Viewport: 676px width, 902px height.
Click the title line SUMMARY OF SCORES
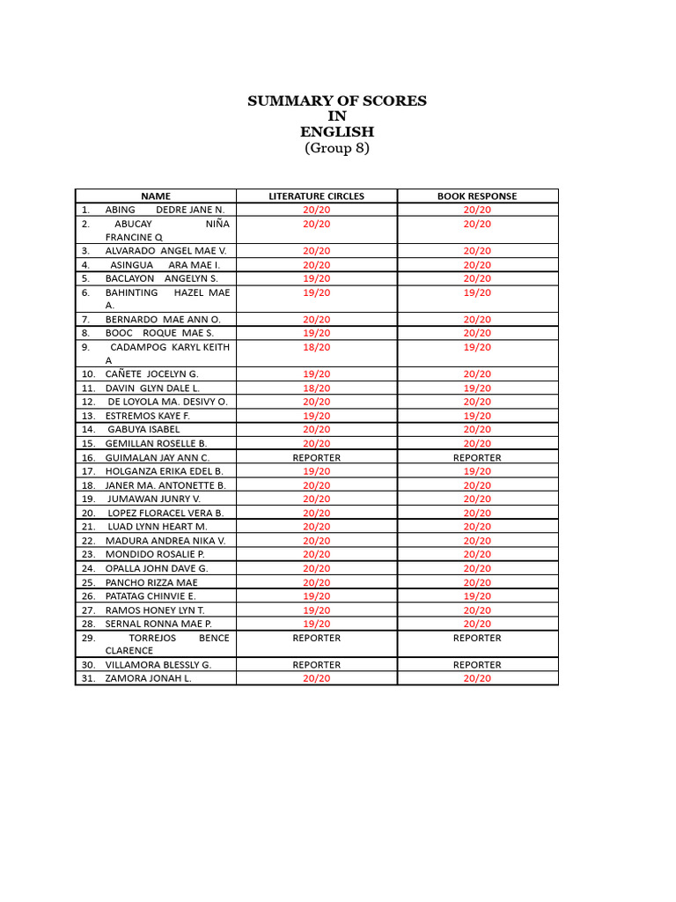pos(337,101)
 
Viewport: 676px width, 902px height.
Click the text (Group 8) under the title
pos(337,148)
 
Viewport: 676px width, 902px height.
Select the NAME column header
pos(156,196)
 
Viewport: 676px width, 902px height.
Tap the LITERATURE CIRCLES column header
pos(316,196)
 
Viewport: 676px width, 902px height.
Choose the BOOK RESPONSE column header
pos(477,196)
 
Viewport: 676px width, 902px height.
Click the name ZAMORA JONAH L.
pos(148,678)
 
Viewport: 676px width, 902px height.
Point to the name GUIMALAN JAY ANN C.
pos(158,458)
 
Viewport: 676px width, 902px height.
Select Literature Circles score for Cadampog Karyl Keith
pos(316,347)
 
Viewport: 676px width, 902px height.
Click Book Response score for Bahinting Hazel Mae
pos(477,292)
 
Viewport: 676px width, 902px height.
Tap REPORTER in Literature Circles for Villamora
pos(316,665)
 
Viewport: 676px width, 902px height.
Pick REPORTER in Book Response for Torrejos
pos(477,638)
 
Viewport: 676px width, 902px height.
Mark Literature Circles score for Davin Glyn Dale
pos(316,388)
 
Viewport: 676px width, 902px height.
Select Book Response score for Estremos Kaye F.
pos(477,416)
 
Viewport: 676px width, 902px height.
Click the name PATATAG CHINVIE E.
pos(151,596)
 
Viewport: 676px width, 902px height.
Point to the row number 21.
pos(88,527)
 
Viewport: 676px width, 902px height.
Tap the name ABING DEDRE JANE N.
pos(165,210)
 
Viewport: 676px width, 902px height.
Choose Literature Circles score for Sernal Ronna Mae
pos(316,624)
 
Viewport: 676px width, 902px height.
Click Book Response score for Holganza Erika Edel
pos(477,471)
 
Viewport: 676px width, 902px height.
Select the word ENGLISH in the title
pos(337,132)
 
